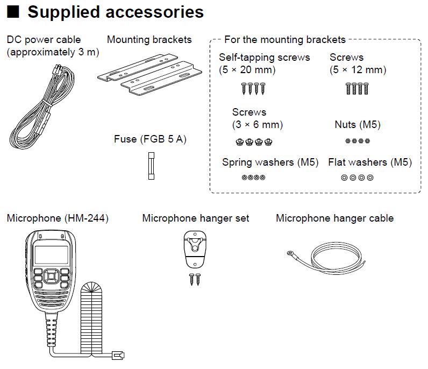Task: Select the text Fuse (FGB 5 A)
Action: [x=150, y=139]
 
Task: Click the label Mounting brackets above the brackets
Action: [x=149, y=39]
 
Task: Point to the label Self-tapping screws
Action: [x=265, y=57]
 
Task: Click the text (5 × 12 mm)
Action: [x=358, y=69]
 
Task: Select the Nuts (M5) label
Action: [x=357, y=125]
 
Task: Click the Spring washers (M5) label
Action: [x=270, y=162]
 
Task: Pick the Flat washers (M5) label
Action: [x=370, y=162]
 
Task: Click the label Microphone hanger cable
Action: [x=334, y=218]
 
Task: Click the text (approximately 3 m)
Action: [x=53, y=52]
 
